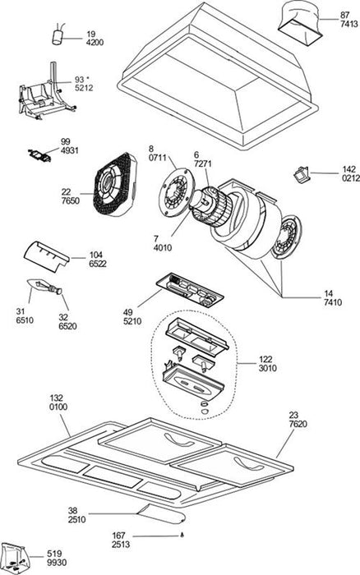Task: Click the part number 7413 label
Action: pyautogui.click(x=349, y=24)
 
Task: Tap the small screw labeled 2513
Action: pyautogui.click(x=182, y=536)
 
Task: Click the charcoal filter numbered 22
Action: pyautogui.click(x=115, y=184)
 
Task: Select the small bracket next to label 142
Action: pyautogui.click(x=302, y=174)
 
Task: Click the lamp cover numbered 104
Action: pyautogui.click(x=46, y=256)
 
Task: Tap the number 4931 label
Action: pyautogui.click(x=69, y=150)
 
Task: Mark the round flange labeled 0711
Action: pyautogui.click(x=177, y=192)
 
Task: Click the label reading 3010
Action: pyautogui.click(x=267, y=368)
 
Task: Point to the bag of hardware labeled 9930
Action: pyautogui.click(x=15, y=558)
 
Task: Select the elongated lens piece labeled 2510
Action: pyautogui.click(x=162, y=514)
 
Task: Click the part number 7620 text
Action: pyautogui.click(x=298, y=425)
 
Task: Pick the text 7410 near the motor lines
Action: pyautogui.click(x=333, y=302)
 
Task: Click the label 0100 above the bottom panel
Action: pyautogui.click(x=58, y=407)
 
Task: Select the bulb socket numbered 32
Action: pyautogui.click(x=55, y=290)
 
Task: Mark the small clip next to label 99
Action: pyautogui.click(x=39, y=155)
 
